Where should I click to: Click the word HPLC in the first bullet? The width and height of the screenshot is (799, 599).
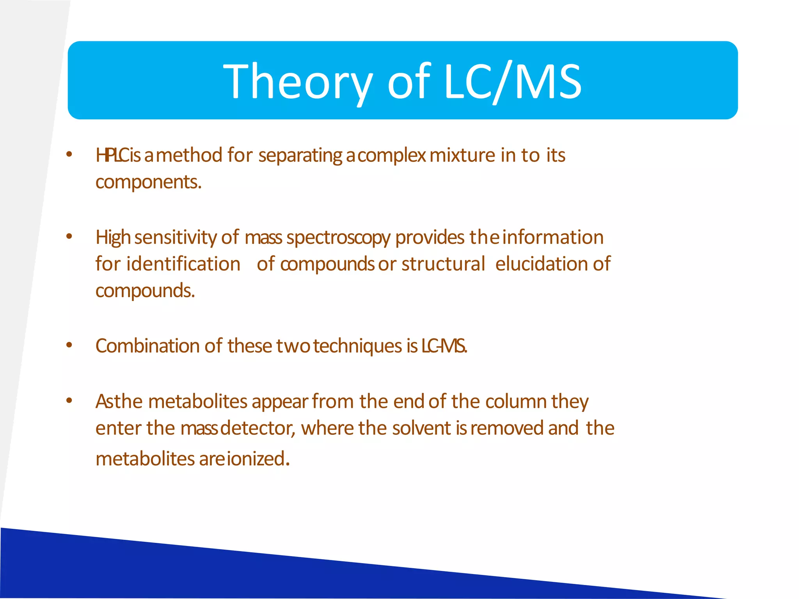pyautogui.click(x=112, y=155)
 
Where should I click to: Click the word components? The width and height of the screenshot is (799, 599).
pyautogui.click(x=148, y=183)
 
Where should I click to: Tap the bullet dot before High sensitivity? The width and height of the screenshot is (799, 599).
pyautogui.click(x=69, y=236)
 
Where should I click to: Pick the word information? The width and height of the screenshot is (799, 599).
pyautogui.click(x=553, y=237)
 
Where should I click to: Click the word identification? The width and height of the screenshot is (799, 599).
pyautogui.click(x=183, y=264)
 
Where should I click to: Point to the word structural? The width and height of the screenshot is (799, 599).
pyautogui.click(x=443, y=264)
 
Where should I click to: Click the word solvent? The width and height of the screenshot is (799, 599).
pyautogui.click(x=422, y=428)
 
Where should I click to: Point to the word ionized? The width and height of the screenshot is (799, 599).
pyautogui.click(x=258, y=459)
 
